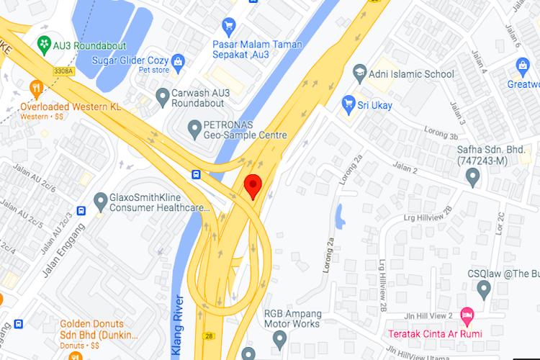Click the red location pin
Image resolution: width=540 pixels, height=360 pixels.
click(x=252, y=186)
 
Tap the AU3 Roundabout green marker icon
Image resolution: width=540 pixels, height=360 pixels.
click(x=44, y=43)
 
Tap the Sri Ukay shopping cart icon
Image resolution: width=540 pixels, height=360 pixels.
click(x=349, y=103)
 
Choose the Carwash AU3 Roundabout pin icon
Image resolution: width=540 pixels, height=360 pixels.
click(x=163, y=95)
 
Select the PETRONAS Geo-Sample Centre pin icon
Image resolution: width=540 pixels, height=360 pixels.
click(x=194, y=130)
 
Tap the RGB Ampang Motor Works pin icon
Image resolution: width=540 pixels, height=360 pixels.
click(x=280, y=338)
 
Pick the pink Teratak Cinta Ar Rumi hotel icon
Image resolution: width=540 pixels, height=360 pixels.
click(x=467, y=315)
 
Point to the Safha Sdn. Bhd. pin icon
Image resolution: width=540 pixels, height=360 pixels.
click(x=473, y=177)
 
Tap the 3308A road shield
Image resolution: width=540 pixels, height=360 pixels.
click(x=63, y=71)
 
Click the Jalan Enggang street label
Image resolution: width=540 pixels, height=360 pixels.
click(x=63, y=238)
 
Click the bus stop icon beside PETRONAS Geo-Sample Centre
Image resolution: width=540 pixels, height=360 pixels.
click(x=196, y=174)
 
